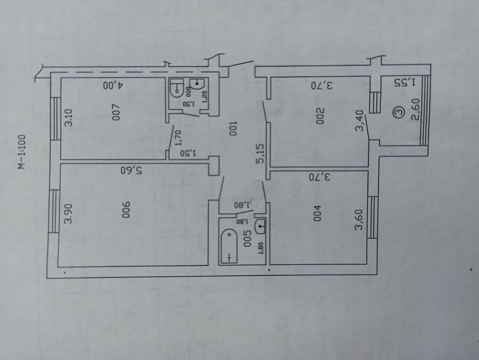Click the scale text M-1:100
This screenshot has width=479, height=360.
pos(22,152)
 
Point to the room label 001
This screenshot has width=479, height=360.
pos(233,129)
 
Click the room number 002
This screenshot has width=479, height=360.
pos(320,116)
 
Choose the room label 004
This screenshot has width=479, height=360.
pos(317,213)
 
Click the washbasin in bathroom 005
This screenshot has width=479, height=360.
pos(260,226)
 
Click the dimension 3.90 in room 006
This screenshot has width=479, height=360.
pos(69,213)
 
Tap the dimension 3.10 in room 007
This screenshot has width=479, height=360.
pos(69,117)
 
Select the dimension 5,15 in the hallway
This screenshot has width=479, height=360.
pos(262,153)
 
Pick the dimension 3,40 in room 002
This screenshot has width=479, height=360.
pos(360,121)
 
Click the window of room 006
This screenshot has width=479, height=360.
pos(54,211)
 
